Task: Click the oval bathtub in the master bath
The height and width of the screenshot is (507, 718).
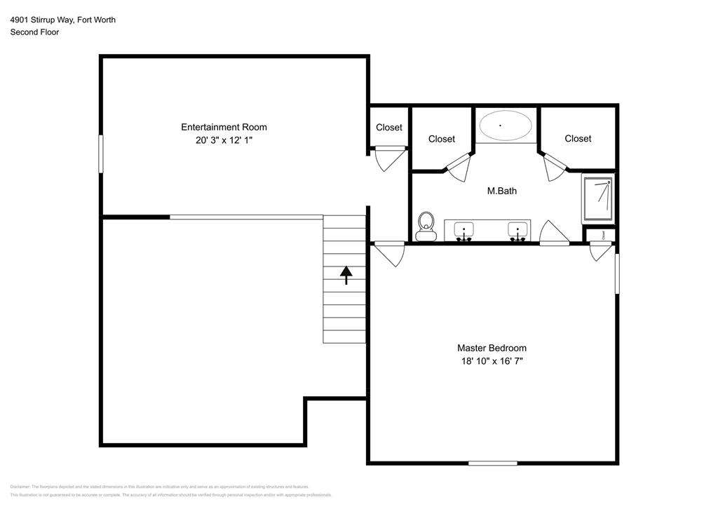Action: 505,126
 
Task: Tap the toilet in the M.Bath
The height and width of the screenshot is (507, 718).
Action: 425,227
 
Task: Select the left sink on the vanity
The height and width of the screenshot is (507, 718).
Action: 463,229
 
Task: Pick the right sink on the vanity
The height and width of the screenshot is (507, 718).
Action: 518,229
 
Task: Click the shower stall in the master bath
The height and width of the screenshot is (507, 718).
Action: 598,200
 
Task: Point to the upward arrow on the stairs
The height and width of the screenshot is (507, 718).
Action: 346,275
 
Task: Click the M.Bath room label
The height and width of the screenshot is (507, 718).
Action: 502,191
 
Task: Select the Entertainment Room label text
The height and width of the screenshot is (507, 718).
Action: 224,127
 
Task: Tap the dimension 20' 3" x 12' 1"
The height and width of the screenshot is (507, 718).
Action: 224,140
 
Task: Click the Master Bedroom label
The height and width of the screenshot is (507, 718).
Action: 492,348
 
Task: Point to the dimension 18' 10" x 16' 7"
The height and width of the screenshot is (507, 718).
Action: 492,361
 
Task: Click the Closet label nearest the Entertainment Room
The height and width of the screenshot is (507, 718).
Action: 389,127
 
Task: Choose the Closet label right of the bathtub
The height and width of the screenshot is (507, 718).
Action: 578,138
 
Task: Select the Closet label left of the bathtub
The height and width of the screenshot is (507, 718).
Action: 442,139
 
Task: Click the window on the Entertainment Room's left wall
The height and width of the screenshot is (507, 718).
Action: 101,154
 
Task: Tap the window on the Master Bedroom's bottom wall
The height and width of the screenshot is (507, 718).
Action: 492,463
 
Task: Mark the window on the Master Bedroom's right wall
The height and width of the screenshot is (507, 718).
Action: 617,273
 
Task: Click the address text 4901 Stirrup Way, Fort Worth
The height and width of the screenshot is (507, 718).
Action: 63,20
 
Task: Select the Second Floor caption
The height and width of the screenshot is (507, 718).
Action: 34,32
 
